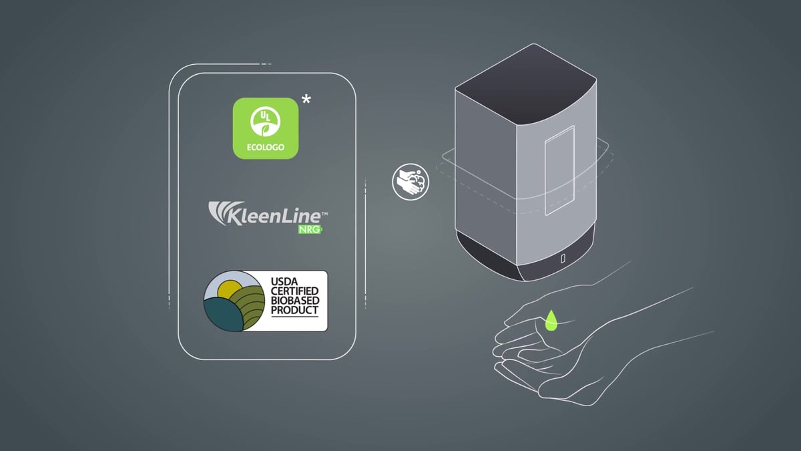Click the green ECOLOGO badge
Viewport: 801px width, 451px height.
265,128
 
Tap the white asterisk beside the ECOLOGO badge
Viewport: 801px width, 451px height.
306,101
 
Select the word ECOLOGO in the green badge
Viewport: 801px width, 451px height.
265,148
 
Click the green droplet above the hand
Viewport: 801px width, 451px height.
551,321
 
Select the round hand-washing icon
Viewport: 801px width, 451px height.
410,182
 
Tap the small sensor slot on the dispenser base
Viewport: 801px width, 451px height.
563,258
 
